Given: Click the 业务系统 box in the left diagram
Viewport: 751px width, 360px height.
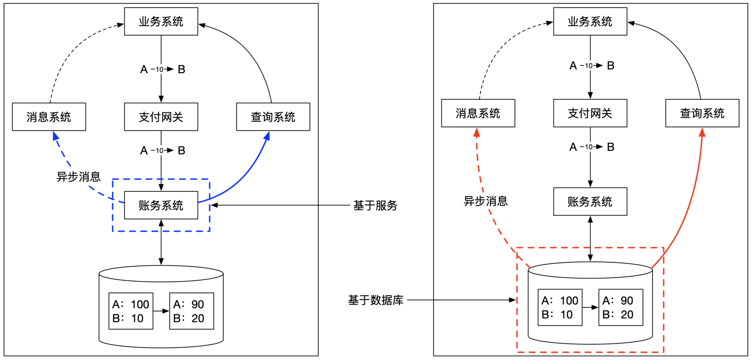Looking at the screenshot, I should [x=161, y=22].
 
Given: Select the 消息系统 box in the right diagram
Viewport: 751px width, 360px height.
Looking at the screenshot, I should [x=478, y=113].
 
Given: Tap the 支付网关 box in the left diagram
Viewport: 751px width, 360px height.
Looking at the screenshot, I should [x=161, y=117].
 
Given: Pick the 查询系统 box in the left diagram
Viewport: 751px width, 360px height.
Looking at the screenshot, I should [x=273, y=117].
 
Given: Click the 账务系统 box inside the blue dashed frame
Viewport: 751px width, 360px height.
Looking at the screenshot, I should [x=161, y=205].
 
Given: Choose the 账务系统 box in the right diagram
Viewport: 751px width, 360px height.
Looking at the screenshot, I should [x=590, y=202].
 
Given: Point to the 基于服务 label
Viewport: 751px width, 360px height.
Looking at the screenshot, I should [x=375, y=205].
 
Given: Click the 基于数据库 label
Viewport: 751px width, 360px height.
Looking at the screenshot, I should [x=375, y=300].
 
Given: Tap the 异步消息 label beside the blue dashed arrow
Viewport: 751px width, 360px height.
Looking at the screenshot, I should [x=79, y=177].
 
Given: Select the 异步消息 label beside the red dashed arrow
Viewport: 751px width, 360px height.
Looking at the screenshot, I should [x=485, y=201].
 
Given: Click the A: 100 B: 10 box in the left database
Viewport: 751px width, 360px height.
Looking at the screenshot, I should [x=131, y=311].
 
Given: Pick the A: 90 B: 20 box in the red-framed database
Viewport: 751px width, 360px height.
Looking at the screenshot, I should [x=620, y=307].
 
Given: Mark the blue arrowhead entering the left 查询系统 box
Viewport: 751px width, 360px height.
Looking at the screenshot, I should [x=268, y=135].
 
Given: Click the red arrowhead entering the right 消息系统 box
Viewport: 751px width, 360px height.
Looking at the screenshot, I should [x=476, y=132].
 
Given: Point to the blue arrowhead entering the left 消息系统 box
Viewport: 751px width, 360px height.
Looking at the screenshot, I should [x=56, y=136].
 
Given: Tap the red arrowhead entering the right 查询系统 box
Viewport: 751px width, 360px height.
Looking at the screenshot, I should [x=702, y=132].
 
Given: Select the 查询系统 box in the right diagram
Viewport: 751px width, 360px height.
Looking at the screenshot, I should [x=702, y=113].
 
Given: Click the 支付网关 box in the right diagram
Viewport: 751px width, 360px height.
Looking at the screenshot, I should [x=590, y=113].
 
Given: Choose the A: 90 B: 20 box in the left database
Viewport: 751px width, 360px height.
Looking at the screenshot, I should [x=192, y=311].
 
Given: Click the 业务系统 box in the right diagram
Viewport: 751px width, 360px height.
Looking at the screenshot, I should [x=590, y=22].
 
